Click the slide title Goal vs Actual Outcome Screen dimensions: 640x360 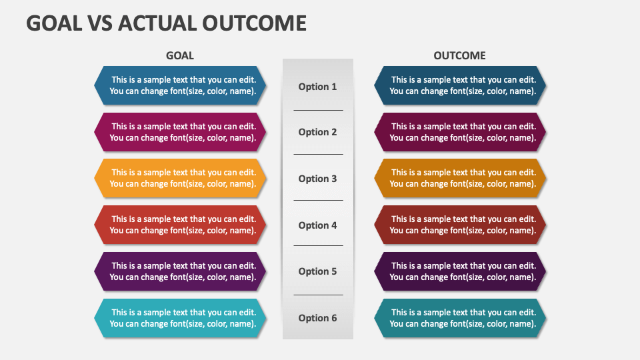(166, 23)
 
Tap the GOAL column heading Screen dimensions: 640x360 (179, 55)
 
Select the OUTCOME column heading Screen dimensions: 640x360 (459, 55)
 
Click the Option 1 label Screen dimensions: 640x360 (317, 87)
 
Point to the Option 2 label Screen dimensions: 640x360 (317, 132)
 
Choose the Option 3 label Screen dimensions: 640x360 (317, 179)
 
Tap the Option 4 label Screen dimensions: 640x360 (317, 225)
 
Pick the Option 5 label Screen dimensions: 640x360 (317, 271)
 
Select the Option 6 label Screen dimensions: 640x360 (317, 318)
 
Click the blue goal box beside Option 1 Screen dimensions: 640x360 (180, 85)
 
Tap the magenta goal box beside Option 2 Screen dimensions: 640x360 (180, 132)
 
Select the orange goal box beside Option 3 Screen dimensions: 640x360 (180, 179)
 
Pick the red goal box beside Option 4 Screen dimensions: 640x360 (180, 225)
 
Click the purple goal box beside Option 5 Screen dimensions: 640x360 (180, 271)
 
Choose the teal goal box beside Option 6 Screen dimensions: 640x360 (180, 318)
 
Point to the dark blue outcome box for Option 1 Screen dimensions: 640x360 (460, 85)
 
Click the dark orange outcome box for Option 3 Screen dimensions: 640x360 (460, 179)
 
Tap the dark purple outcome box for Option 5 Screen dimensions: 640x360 (460, 271)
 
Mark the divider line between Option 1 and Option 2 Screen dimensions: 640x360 (319, 110)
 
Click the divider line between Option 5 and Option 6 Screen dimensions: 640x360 (319, 295)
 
